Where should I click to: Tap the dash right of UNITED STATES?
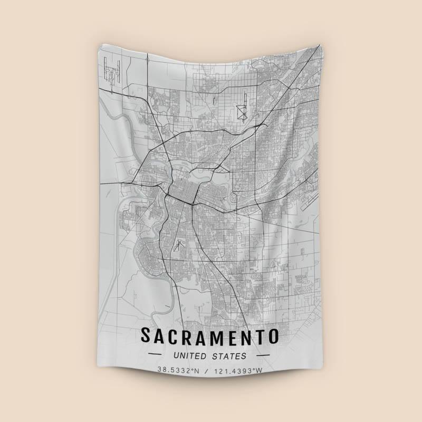tap(262, 356)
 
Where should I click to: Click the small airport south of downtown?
tap(179, 245)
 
